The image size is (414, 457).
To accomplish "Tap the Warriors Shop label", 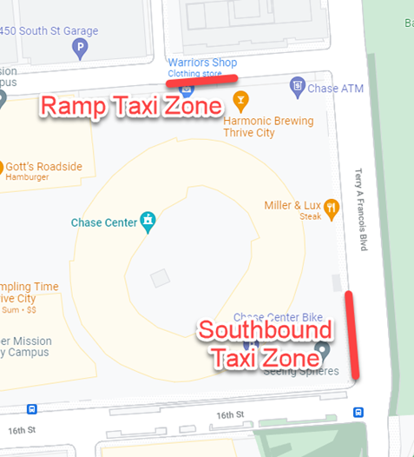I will coord(201,63).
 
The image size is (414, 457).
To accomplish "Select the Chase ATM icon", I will coord(297,86).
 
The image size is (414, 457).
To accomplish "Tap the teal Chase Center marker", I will coord(149,222).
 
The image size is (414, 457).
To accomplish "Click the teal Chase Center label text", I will coord(104,223).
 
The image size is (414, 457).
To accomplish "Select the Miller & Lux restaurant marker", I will coord(331,206).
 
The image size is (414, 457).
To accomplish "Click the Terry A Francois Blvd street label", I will coord(364,211).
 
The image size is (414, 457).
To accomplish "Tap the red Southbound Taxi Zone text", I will coord(265,343).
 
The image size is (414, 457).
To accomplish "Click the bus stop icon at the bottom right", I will coord(358,412).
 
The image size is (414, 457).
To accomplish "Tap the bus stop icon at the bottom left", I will coord(31,409).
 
